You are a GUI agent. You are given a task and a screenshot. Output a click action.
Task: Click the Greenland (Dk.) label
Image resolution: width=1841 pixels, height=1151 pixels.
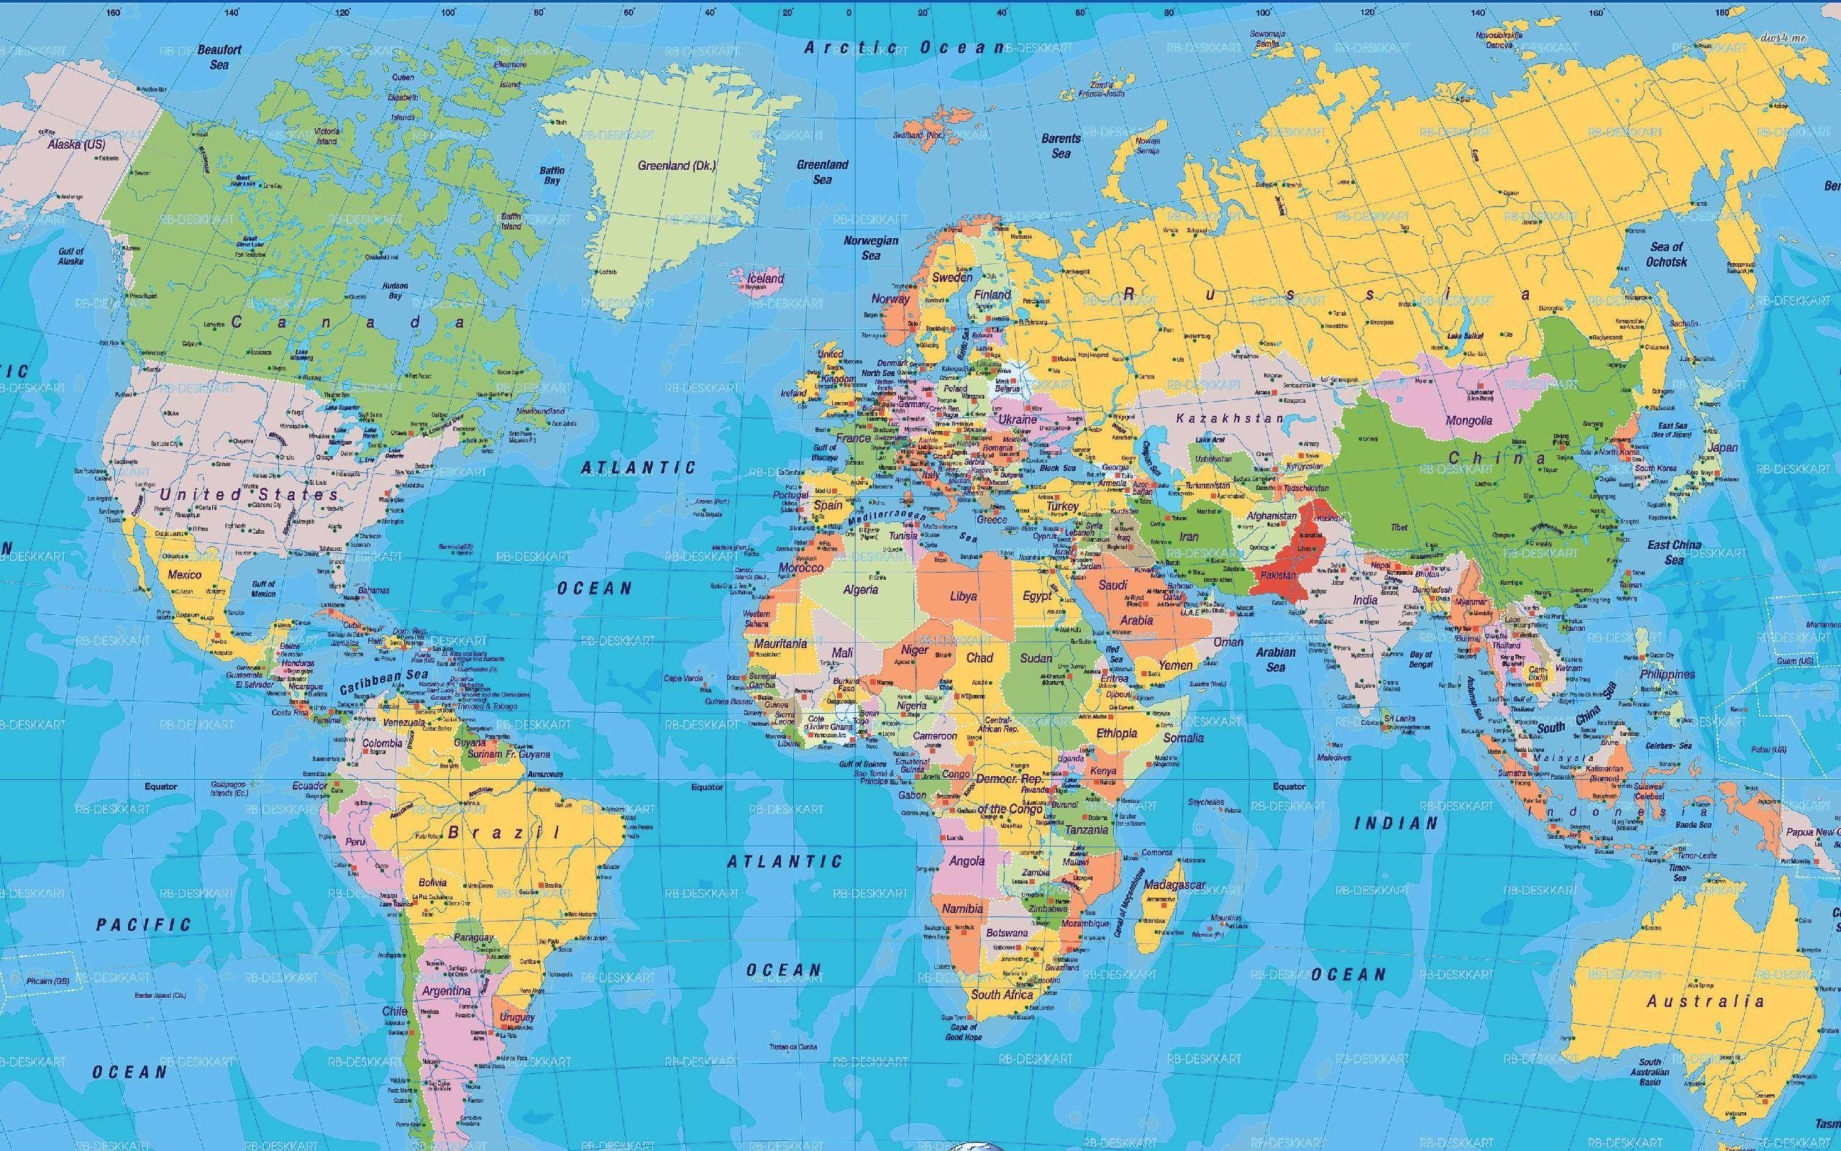676,165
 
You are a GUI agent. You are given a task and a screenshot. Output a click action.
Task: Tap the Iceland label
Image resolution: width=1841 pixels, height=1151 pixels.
764,278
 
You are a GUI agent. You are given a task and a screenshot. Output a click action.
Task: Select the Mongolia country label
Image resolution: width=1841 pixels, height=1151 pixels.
1468,420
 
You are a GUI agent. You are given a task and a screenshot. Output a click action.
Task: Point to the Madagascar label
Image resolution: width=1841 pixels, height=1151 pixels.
1174,885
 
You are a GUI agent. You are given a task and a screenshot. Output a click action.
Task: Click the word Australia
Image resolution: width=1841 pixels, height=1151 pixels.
1705,1001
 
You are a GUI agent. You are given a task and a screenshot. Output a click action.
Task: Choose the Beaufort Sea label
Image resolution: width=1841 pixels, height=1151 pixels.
219,57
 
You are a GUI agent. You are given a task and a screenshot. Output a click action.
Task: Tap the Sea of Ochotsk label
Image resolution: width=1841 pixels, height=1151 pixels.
1666,254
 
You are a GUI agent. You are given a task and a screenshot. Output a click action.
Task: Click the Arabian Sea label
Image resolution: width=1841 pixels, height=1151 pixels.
1276,659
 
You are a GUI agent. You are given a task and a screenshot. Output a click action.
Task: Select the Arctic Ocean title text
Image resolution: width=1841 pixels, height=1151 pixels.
905,47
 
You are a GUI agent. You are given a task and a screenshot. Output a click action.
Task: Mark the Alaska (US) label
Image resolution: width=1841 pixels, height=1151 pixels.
76,144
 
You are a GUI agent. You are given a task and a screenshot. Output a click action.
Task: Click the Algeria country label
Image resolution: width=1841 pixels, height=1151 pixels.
860,589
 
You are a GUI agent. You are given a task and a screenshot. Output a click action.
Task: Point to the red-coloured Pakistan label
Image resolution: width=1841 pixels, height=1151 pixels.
1278,575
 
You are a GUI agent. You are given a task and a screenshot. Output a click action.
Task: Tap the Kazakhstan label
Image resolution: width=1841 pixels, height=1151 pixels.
1229,419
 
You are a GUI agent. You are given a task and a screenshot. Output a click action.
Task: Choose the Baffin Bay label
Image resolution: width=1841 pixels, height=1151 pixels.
552,175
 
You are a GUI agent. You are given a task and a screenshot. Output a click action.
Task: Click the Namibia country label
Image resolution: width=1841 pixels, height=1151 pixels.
962,909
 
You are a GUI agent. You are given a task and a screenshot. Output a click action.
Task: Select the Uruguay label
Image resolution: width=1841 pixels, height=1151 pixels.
517,1017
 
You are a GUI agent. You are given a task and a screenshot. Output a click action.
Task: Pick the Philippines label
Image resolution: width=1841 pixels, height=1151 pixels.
1668,675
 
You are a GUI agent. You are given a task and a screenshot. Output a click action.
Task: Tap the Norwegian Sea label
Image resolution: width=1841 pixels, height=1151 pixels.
871,248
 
